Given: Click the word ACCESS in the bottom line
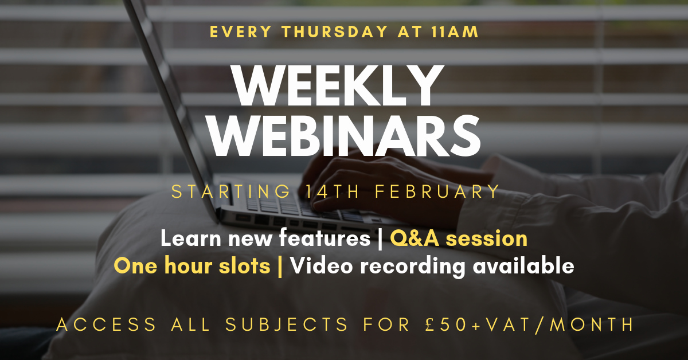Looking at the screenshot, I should click(107, 325).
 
